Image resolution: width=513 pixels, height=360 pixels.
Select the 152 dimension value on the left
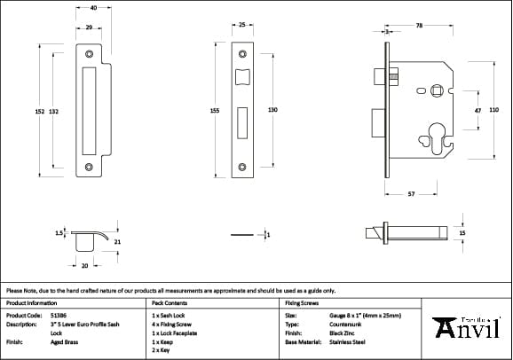[39, 111]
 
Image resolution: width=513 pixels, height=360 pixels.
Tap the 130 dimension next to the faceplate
[272, 109]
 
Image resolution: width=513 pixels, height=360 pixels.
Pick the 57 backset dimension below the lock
[411, 193]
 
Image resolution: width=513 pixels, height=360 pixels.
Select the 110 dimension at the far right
[494, 109]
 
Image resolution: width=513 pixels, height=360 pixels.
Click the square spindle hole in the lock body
[436, 90]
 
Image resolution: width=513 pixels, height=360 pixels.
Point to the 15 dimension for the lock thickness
[462, 232]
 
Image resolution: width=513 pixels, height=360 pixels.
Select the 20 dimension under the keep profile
[84, 265]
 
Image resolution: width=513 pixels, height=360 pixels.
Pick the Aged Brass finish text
[64, 340]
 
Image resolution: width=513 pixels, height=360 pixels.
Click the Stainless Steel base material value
[347, 340]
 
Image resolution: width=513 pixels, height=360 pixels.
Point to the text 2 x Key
[162, 349]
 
